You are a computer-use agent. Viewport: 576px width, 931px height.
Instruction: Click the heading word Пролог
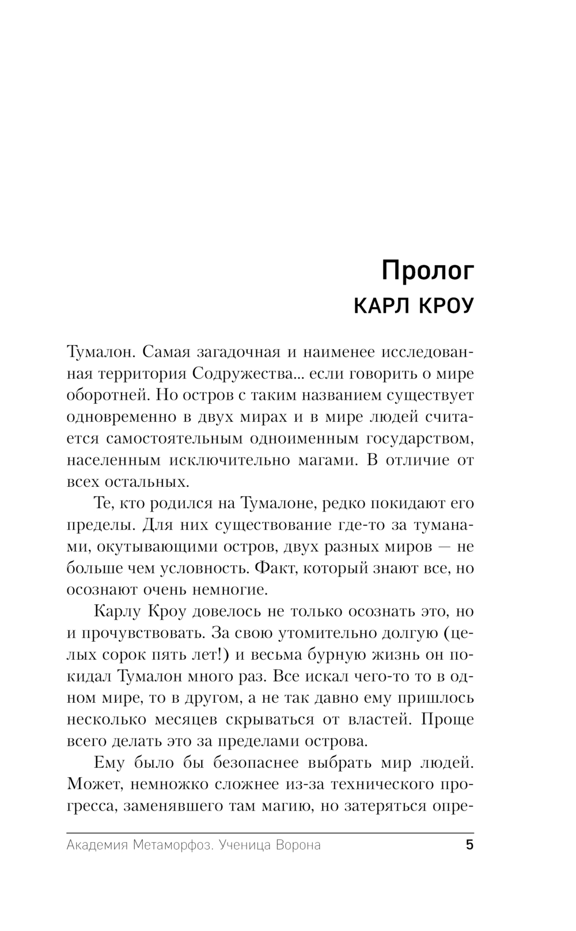pyautogui.click(x=428, y=271)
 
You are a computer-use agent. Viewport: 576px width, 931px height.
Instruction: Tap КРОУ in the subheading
pyautogui.click(x=444, y=306)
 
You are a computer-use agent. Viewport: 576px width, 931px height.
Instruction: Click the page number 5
pyautogui.click(x=469, y=846)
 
